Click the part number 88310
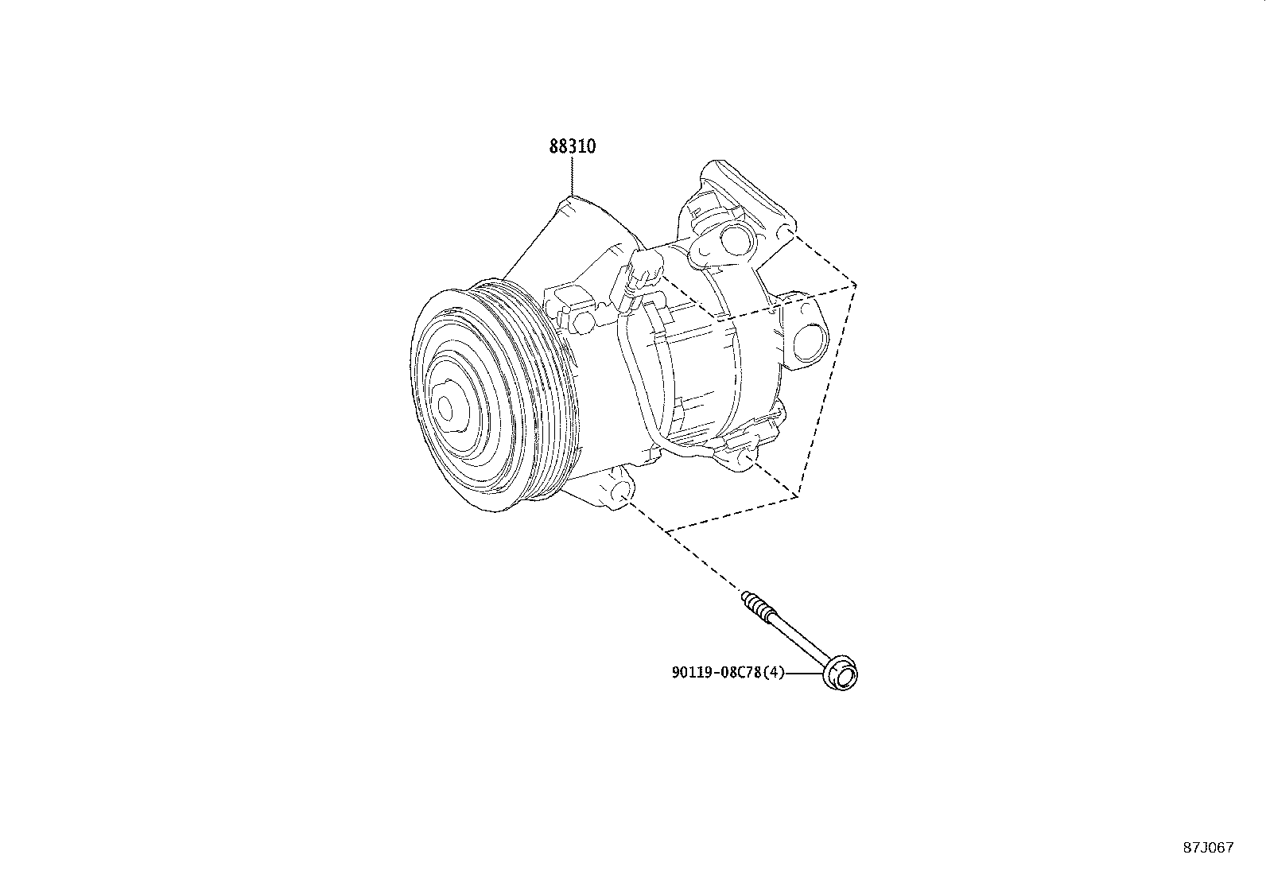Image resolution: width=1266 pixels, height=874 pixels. [572, 147]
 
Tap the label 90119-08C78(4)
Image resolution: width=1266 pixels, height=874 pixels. [728, 673]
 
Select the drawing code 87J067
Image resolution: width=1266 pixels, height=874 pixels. [1207, 847]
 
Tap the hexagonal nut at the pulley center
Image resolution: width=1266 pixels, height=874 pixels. [445, 408]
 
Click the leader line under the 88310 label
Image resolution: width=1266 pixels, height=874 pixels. [572, 177]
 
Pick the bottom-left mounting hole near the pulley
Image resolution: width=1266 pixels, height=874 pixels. [621, 494]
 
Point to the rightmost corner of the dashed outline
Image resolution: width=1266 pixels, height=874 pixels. [856, 283]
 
